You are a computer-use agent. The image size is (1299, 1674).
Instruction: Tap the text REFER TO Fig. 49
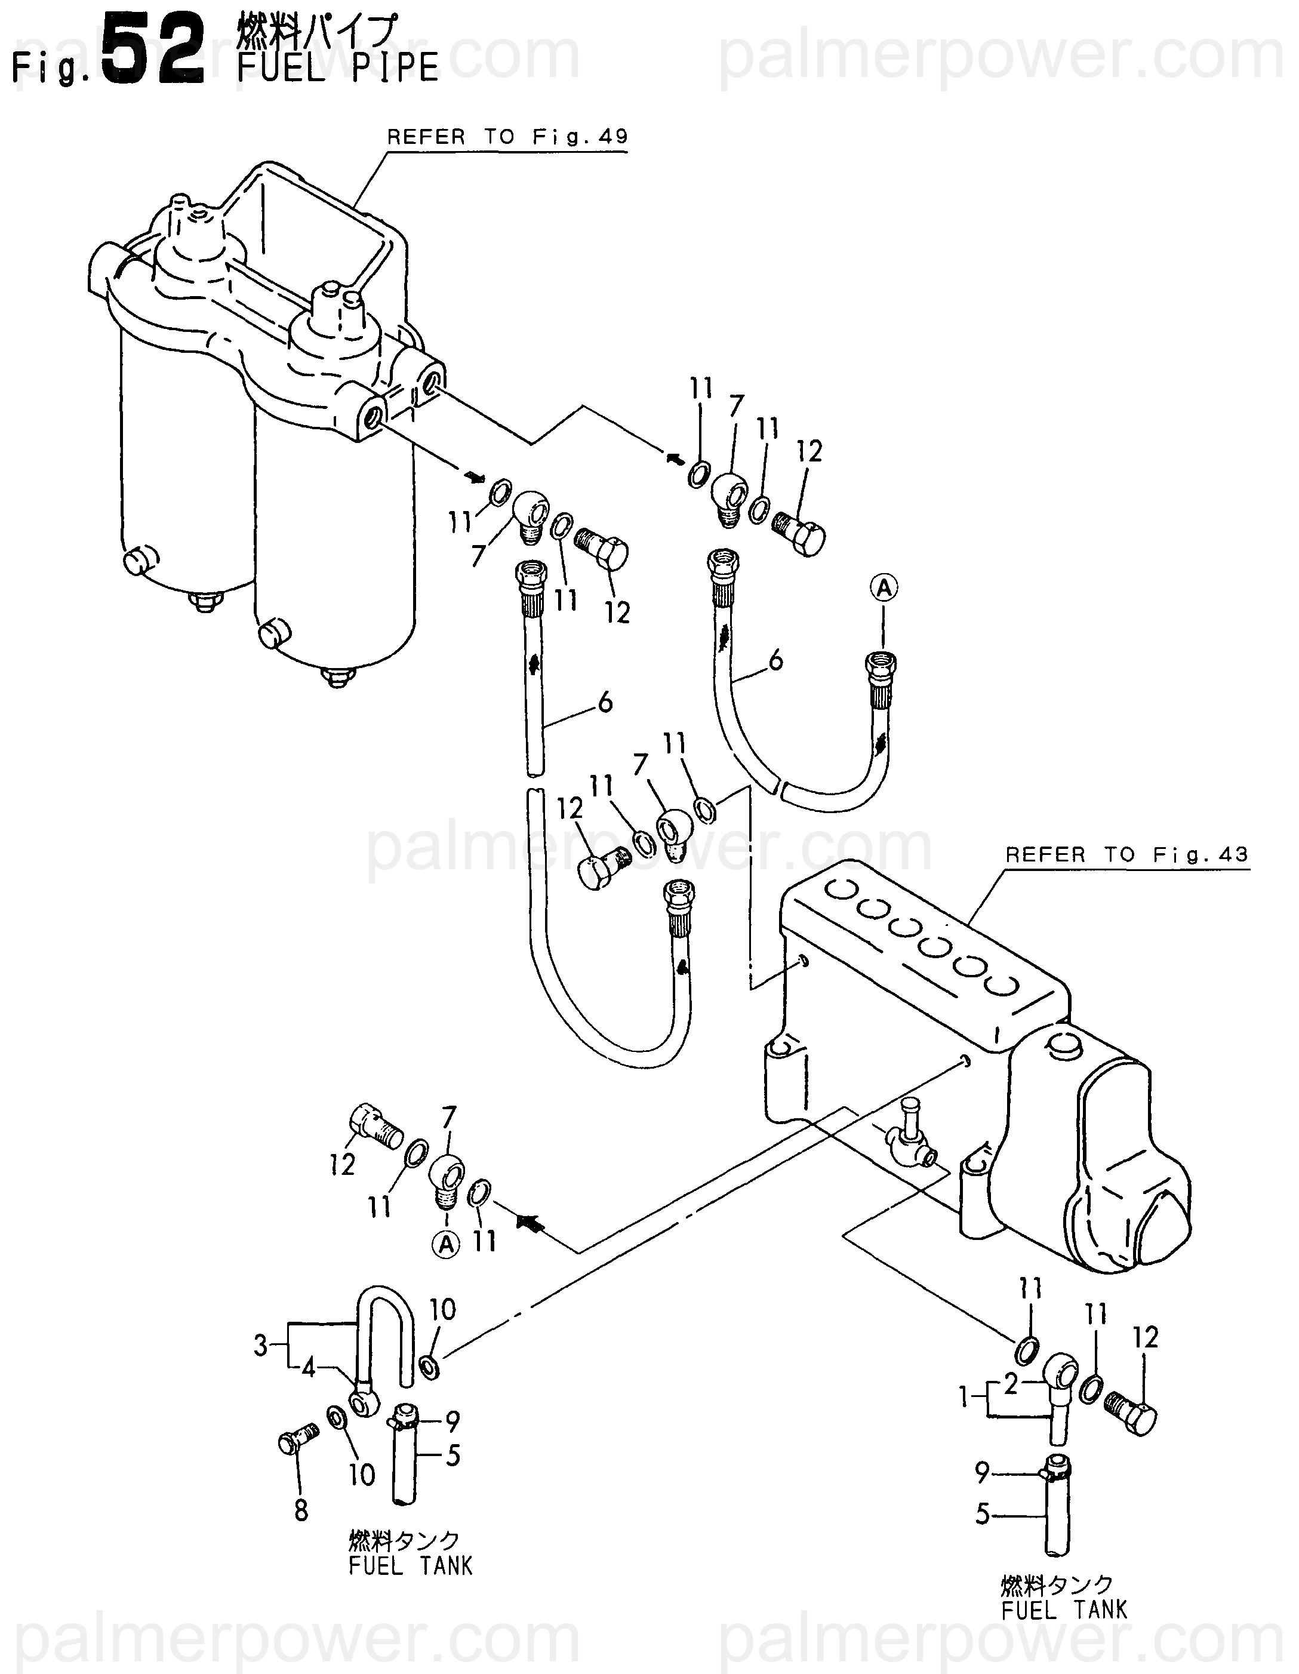click(507, 137)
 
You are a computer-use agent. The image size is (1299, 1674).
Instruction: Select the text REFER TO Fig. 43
click(1126, 855)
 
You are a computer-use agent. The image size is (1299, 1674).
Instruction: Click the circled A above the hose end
click(884, 588)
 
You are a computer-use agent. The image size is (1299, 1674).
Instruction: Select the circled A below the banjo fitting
click(446, 1245)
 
